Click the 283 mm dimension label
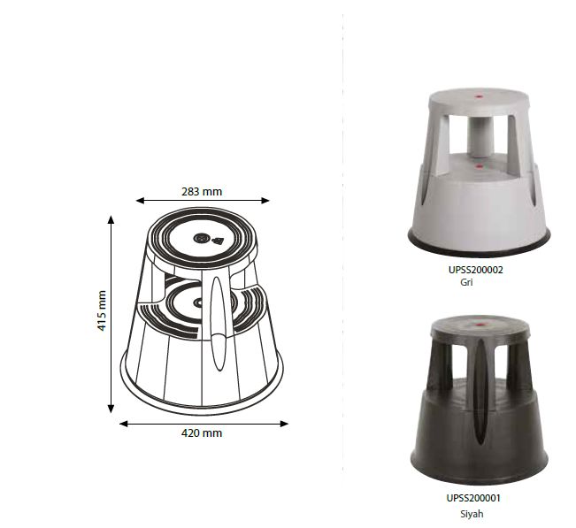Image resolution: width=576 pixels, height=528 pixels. pyautogui.click(x=202, y=192)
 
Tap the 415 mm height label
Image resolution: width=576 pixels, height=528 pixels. pyautogui.click(x=102, y=310)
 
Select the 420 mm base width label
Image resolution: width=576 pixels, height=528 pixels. pyautogui.click(x=202, y=433)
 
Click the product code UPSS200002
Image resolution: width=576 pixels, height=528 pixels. pyautogui.click(x=476, y=270)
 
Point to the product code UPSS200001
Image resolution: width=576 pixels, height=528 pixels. pyautogui.click(x=473, y=498)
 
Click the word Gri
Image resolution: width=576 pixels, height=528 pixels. pyautogui.click(x=466, y=282)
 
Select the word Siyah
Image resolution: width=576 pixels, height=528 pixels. pyautogui.click(x=472, y=514)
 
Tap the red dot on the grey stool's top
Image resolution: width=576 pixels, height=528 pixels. pyautogui.click(x=479, y=97)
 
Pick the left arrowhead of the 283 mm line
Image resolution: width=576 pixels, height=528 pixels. pyautogui.click(x=140, y=201)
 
